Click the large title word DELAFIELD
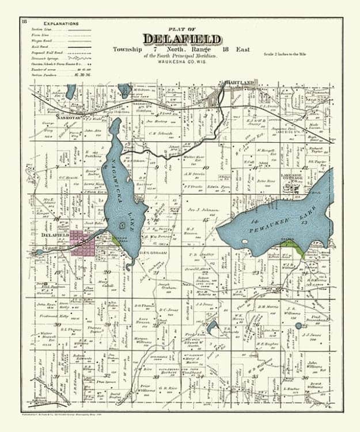181,39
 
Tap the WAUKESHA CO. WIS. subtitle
181,63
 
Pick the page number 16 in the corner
24,22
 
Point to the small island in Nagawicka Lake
122,223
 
